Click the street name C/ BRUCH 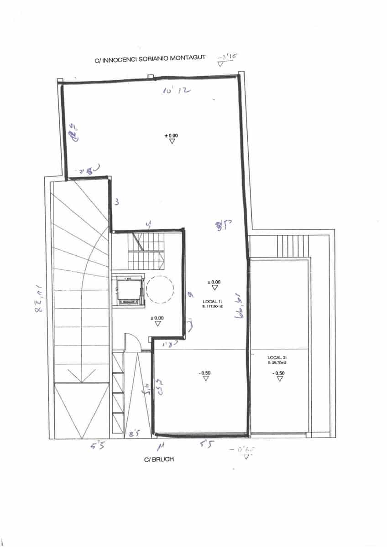point(159,459)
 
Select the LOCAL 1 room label point(211,302)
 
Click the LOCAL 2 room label point(277,358)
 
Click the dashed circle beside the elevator point(159,290)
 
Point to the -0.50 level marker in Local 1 point(205,376)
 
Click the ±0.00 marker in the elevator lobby point(157,320)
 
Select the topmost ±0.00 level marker point(172,138)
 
